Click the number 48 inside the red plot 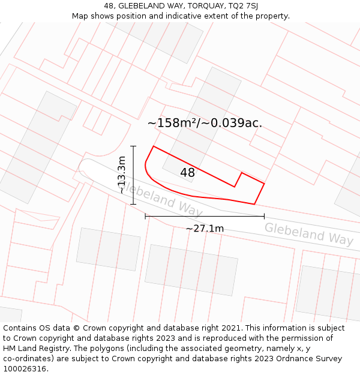pos(187,173)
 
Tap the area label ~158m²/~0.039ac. pos(205,123)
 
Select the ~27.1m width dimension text pos(205,229)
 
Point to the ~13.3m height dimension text pos(122,175)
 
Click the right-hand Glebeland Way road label pos(309,233)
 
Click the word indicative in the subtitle pos(184,16)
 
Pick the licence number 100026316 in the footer pos(25,368)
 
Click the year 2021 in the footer pos(231,328)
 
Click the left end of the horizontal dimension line pos(145,216)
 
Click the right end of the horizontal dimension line pos(264,216)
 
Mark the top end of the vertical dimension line pos(133,146)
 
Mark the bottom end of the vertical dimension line pos(133,204)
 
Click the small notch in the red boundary pos(241,173)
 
